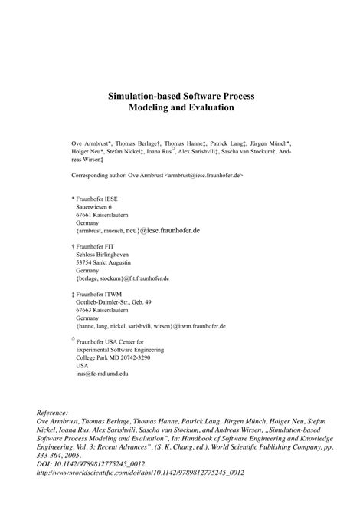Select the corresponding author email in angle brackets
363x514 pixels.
pos(203,175)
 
